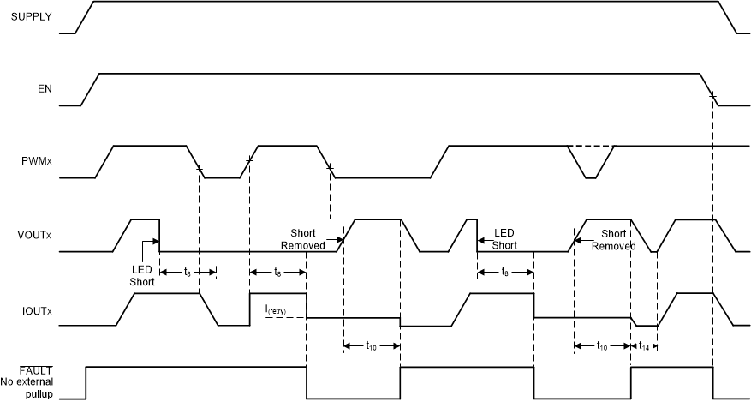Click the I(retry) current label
point(277,309)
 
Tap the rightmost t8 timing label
point(505,272)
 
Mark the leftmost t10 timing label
point(371,346)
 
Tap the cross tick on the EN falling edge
point(712,96)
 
